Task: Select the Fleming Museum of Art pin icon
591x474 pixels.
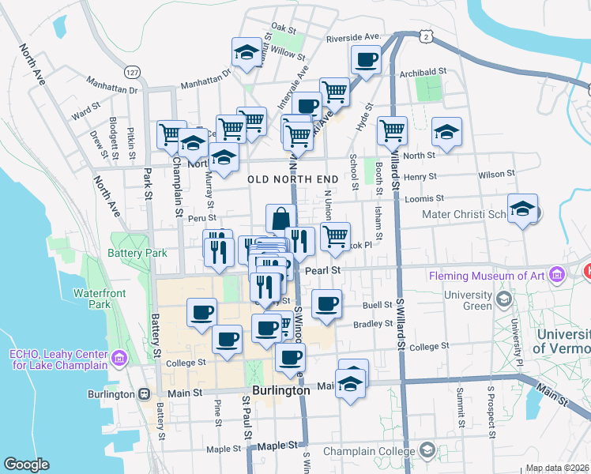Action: [558, 276]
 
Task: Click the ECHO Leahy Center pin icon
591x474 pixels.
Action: [119, 359]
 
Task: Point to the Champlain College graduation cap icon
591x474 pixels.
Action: [427, 451]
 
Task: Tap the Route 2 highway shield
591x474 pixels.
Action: [427, 36]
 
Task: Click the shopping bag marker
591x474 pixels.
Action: [280, 219]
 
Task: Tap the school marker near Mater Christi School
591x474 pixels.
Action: [522, 209]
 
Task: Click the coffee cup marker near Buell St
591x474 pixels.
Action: [326, 303]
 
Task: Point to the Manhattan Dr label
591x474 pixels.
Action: [204, 81]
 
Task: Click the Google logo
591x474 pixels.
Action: [26, 465]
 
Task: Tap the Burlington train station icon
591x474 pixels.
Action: [144, 393]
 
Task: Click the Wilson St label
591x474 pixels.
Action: [496, 173]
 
